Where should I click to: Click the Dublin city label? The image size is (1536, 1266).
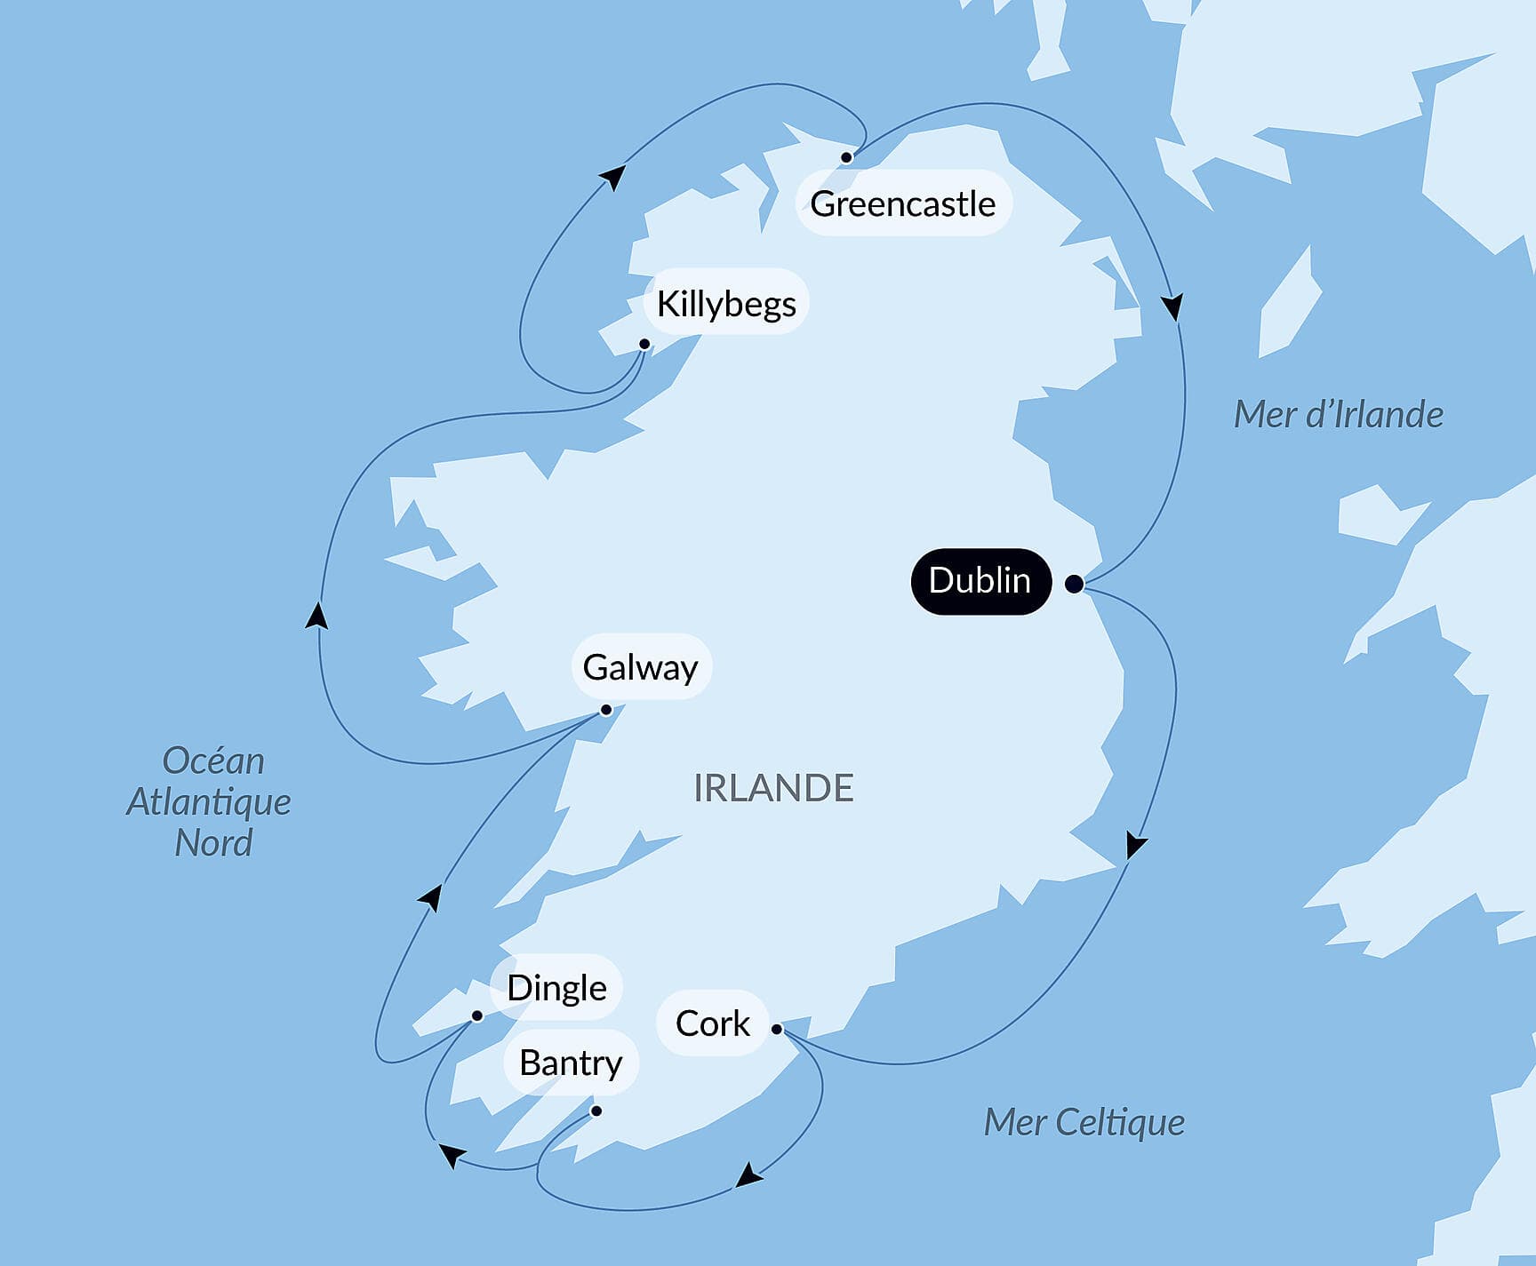(x=980, y=581)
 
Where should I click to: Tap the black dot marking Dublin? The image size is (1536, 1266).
(x=1074, y=584)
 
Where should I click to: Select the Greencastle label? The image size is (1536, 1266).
(x=902, y=203)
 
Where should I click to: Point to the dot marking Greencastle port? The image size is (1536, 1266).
(x=846, y=157)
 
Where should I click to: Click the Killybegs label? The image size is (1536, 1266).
(x=725, y=303)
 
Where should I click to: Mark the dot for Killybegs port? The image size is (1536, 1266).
(x=644, y=344)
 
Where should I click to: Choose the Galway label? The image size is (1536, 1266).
(x=640, y=666)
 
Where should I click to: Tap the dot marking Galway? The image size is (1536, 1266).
(x=606, y=710)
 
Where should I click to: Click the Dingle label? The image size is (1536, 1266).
(x=556, y=987)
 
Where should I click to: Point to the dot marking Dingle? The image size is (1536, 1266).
(x=476, y=1015)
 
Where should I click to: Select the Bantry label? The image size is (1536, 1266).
(x=571, y=1063)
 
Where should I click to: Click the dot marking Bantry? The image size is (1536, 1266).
(x=596, y=1111)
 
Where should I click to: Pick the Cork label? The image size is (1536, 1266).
(x=712, y=1023)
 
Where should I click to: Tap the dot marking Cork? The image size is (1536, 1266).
(x=777, y=1029)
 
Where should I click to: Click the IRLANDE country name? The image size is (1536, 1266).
(x=773, y=788)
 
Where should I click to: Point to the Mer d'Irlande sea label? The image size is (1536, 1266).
(x=1338, y=415)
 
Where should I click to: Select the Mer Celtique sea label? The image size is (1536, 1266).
(x=1084, y=1122)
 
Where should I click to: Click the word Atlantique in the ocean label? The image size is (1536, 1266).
(x=209, y=801)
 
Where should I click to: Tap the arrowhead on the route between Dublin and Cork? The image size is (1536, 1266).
(x=1134, y=844)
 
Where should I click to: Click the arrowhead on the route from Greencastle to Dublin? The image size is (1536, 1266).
(x=1173, y=307)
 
